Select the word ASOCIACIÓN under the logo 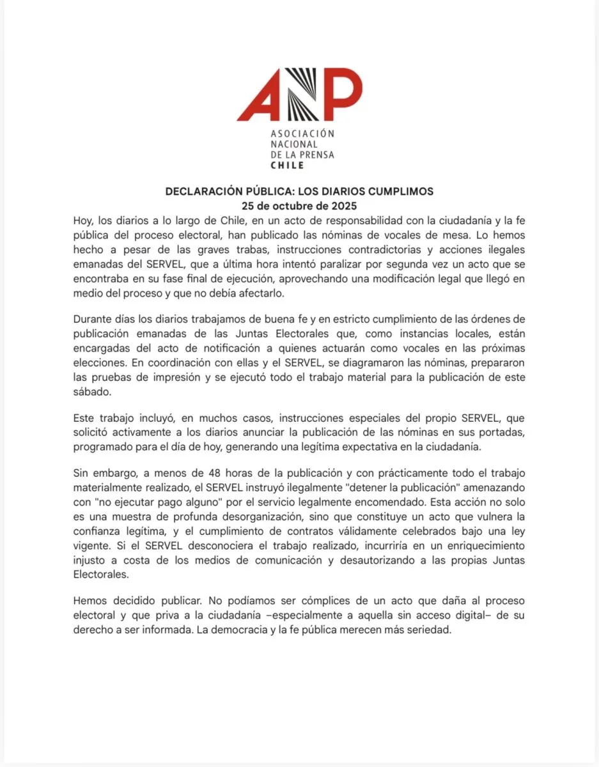[x=302, y=134]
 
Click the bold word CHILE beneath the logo [x=288, y=165]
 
